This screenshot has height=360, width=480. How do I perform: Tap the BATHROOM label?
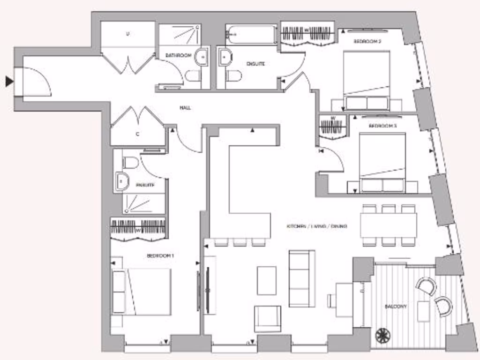(x=178, y=56)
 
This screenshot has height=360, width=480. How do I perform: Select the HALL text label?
(x=185, y=108)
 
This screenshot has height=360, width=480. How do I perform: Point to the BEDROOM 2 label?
(x=367, y=42)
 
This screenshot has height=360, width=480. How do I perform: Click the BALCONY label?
(x=396, y=306)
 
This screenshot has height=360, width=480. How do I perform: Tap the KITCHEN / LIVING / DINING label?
(x=317, y=226)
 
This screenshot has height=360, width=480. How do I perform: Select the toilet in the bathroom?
(x=193, y=76)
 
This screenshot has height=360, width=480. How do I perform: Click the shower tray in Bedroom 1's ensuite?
(x=143, y=203)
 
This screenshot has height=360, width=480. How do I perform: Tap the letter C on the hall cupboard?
(x=138, y=134)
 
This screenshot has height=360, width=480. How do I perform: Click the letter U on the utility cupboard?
(x=127, y=34)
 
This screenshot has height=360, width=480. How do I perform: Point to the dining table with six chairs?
(x=389, y=225)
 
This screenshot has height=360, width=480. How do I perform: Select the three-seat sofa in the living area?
(x=302, y=278)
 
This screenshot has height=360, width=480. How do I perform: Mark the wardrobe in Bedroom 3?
(x=332, y=127)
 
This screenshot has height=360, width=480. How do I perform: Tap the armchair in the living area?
(x=268, y=319)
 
